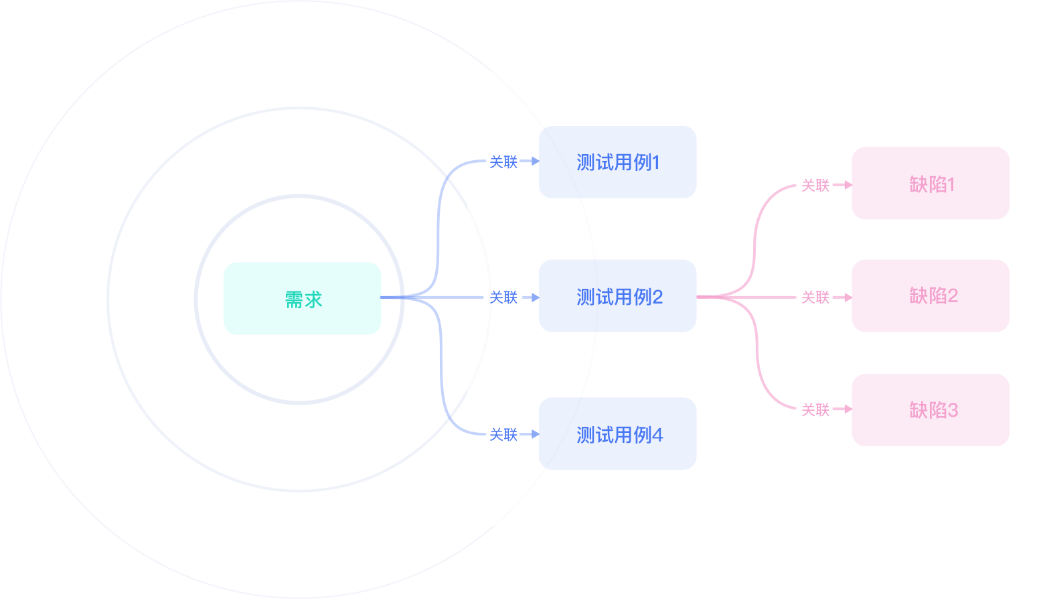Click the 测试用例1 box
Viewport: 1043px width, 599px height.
[x=617, y=162]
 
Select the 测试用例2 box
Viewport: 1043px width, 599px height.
[x=617, y=296]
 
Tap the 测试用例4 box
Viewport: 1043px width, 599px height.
[x=617, y=434]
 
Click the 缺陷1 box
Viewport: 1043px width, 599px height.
[x=930, y=184]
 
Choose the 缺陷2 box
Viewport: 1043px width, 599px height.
[x=930, y=296]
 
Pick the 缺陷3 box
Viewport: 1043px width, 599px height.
[x=930, y=410]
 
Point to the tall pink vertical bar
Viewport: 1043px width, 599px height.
[x=754, y=296]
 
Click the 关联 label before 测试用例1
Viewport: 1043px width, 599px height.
[x=503, y=162]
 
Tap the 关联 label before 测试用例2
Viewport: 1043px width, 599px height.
[x=503, y=297]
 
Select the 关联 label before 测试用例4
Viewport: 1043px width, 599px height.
[x=503, y=435]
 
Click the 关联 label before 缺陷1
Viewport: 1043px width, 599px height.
[x=815, y=186]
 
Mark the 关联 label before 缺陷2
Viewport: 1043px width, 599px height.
[x=815, y=297]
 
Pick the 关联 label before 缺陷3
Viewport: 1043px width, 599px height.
[x=815, y=410]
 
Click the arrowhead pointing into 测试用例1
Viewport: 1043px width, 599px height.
[x=535, y=161]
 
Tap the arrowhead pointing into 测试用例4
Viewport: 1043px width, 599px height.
[x=535, y=434]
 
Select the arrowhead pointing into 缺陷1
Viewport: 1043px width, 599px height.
[x=848, y=184]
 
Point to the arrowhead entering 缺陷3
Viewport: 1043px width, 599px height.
[x=848, y=409]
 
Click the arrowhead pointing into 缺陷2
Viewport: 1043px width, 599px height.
[x=848, y=297]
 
